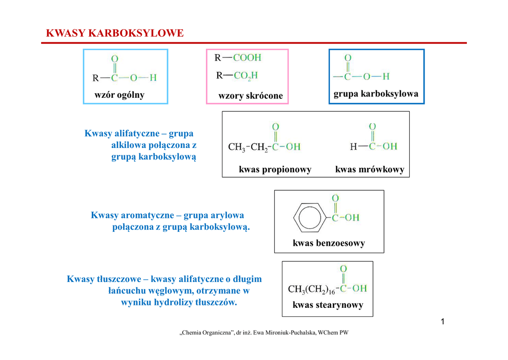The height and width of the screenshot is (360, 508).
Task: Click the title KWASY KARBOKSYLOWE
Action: pos(115,33)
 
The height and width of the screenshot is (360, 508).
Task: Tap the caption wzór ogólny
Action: pos(120,95)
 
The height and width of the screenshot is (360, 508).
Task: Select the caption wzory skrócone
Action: pos(251,96)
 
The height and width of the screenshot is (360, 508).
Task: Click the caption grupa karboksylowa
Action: pos(376,93)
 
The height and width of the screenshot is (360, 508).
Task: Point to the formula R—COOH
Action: pos(238,58)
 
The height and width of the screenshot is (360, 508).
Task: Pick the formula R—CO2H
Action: pos(238,75)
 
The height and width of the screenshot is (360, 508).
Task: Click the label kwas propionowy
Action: pos(275,170)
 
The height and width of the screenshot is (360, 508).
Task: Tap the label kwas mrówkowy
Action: pos(370,170)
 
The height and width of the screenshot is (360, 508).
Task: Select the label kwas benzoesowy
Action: pos(329,243)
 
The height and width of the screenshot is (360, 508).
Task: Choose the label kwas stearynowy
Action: pos(328,305)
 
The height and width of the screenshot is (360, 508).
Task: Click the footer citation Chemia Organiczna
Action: pos(263,333)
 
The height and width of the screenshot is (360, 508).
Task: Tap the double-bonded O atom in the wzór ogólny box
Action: pos(115,59)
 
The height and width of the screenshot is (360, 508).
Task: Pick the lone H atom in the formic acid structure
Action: pos(353,146)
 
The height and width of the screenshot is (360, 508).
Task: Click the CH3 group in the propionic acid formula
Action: pos(237,147)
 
